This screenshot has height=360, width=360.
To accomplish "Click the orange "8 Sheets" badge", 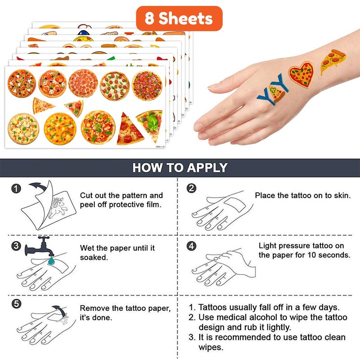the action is pos(179,18).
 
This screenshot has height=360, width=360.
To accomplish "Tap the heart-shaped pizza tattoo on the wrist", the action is pos(301,74).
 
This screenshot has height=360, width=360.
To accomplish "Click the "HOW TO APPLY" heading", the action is pos(180,167).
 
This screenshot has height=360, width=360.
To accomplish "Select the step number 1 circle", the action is pos(16,189).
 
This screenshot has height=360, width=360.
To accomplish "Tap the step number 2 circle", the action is pos(192,188).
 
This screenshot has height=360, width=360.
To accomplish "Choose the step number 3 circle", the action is pos(16,246).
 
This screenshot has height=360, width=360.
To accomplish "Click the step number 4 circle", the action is pos(192,246).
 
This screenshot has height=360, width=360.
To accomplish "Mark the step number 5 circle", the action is pos(16,304).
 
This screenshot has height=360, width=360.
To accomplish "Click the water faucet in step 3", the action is pos(40,247).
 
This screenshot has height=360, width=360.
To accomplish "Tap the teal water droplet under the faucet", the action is pos(51,261).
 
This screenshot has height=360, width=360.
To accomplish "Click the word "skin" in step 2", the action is pos(342,195).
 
